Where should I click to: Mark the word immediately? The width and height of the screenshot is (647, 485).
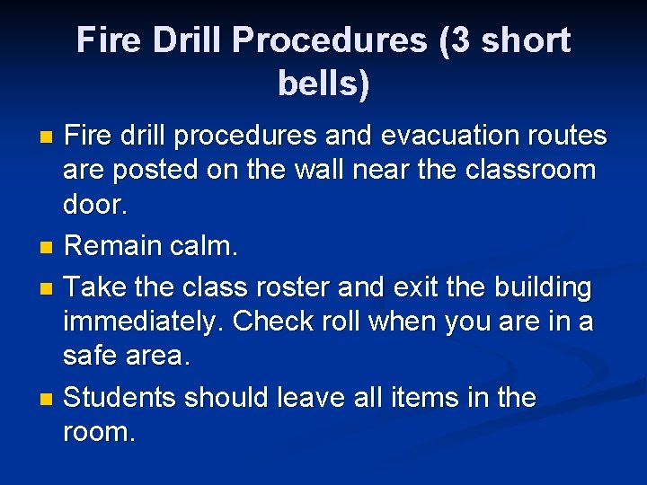click(141, 322)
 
